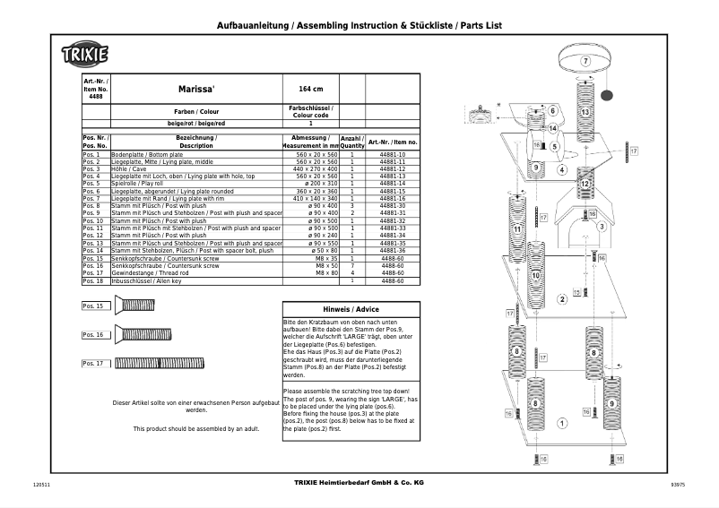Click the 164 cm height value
tap(310, 90)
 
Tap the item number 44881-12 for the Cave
tap(393, 168)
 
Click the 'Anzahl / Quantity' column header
tap(352, 142)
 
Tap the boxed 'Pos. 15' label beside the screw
tap(93, 306)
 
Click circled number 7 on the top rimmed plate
tap(585, 61)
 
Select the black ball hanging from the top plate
tap(606, 94)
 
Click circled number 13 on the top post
tap(585, 112)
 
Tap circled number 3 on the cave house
tap(601, 227)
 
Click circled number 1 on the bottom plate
tap(561, 422)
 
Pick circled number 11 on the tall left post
tap(517, 230)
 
